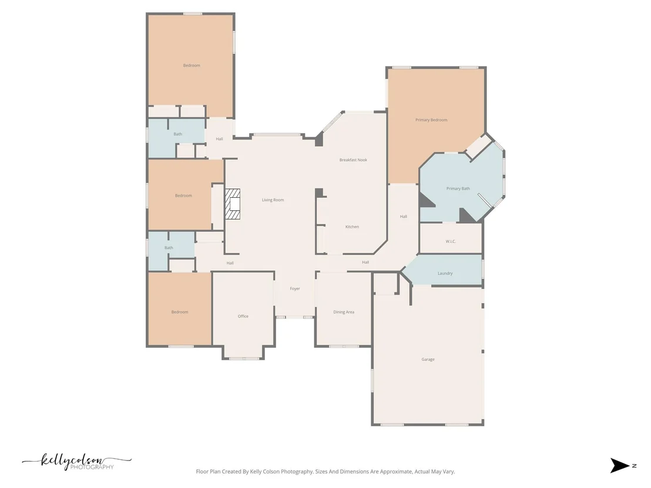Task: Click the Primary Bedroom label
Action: pyautogui.click(x=431, y=120)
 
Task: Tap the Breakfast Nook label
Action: pyautogui.click(x=353, y=160)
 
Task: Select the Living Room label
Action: pyautogui.click(x=273, y=200)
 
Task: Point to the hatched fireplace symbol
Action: pyautogui.click(x=233, y=204)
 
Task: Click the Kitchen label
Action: pyautogui.click(x=352, y=227)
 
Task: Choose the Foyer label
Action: pyautogui.click(x=295, y=289)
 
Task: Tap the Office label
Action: pyautogui.click(x=243, y=316)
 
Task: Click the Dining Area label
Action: pyautogui.click(x=344, y=312)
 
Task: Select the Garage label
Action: pyautogui.click(x=428, y=359)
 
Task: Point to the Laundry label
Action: pyautogui.click(x=445, y=274)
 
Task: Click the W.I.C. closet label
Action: pyautogui.click(x=451, y=241)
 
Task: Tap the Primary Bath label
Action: pyautogui.click(x=458, y=189)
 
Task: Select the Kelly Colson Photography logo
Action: pyautogui.click(x=77, y=462)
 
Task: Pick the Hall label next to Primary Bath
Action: pyautogui.click(x=404, y=217)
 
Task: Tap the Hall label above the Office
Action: pyautogui.click(x=230, y=263)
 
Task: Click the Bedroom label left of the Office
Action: pyautogui.click(x=180, y=312)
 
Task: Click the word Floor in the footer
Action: pyautogui.click(x=202, y=472)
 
